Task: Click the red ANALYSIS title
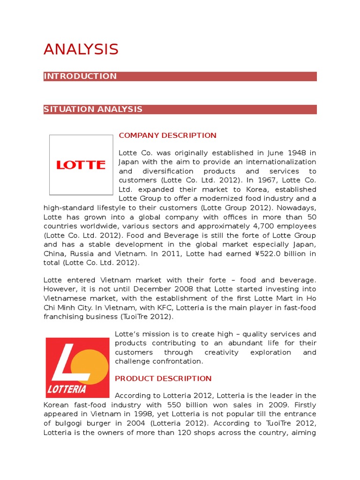click(x=81, y=49)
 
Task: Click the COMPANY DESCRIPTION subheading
click(x=167, y=135)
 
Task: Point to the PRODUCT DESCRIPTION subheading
click(x=163, y=378)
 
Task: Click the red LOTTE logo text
click(x=81, y=165)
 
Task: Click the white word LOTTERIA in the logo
click(x=67, y=389)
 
